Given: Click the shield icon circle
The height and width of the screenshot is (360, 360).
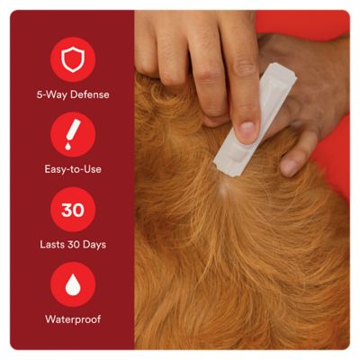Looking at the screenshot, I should tap(73, 60).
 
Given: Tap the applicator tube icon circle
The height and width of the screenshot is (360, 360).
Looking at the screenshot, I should tap(73, 134).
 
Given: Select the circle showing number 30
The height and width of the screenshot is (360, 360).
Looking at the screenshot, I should tap(73, 211).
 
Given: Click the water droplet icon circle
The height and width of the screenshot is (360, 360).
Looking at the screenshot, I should tap(73, 285).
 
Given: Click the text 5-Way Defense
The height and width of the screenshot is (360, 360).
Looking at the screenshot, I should tap(73, 94).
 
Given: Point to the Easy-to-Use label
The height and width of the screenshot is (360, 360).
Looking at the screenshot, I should tap(73, 168).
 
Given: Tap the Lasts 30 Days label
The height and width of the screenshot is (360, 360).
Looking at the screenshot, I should tap(73, 245).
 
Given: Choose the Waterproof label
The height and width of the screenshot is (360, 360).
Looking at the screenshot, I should tap(73, 319).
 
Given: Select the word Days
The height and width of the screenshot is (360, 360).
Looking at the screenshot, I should tap(95, 245).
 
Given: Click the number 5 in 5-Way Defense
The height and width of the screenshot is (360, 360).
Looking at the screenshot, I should tap(40, 94).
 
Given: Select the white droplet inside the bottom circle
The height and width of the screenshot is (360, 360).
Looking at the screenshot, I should tap(73, 285).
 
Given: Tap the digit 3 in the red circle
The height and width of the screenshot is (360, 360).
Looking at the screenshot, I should tap(66, 211).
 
